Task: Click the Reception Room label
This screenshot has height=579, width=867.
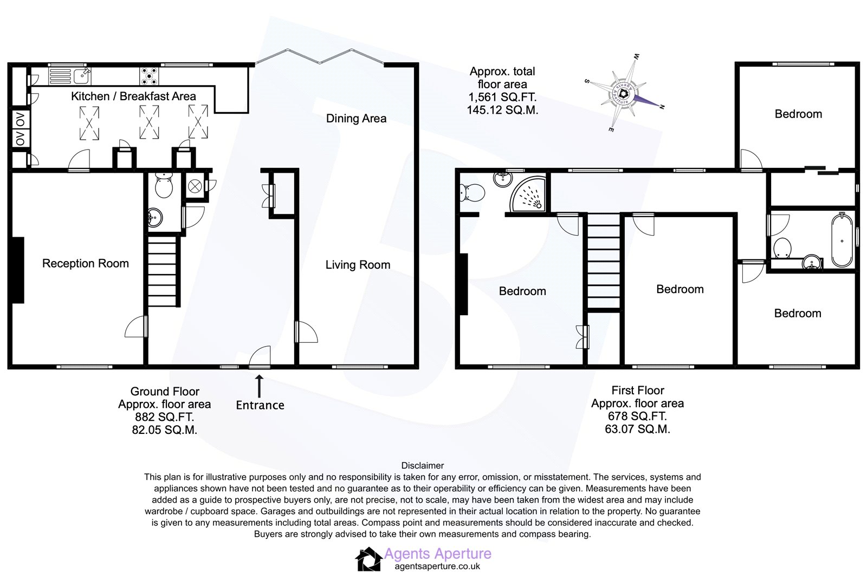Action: pos(86,264)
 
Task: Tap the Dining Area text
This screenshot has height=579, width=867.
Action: pos(356,119)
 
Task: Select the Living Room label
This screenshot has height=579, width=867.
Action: pos(358,265)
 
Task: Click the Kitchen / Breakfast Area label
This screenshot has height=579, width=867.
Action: pos(133,96)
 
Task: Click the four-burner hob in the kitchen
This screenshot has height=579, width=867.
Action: pos(149,76)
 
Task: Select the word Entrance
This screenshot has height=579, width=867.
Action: pos(260,405)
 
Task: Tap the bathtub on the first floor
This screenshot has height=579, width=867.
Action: pos(842,240)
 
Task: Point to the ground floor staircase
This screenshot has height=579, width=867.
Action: pos(163,271)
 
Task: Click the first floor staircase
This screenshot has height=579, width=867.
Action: pos(603,262)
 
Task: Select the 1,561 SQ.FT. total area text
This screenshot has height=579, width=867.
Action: pos(502,97)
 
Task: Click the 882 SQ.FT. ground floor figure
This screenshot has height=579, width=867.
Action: pos(164,417)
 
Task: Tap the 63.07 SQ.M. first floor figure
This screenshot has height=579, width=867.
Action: pos(637,429)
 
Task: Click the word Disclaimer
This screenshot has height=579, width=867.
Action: pos(422,465)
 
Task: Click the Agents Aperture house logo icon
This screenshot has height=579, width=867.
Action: pos(368,559)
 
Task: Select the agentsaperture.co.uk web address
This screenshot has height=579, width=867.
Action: pos(437,567)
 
